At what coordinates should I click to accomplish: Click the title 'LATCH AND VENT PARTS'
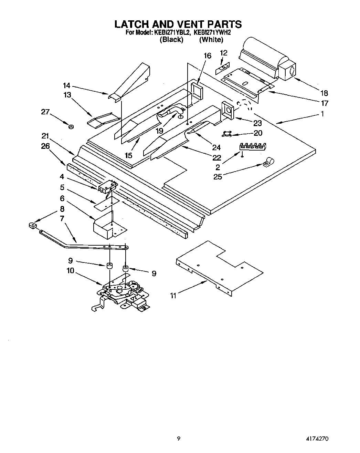178,24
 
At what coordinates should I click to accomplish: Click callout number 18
324,93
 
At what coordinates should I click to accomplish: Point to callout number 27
45,112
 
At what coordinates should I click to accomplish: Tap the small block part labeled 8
33,226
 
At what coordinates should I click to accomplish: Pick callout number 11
173,295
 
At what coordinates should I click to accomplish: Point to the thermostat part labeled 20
227,134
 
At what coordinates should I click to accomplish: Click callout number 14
66,85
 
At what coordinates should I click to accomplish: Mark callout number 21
45,136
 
